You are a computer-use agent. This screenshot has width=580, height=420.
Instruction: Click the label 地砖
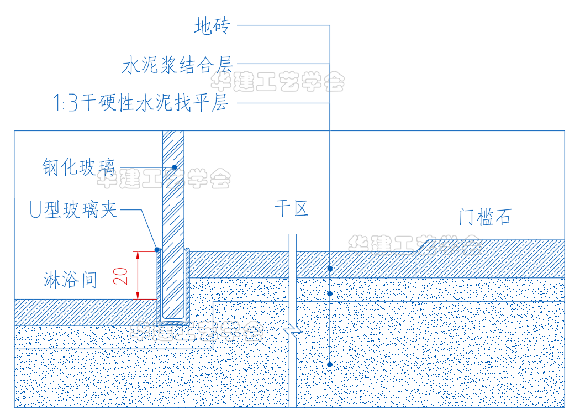coord(212,26)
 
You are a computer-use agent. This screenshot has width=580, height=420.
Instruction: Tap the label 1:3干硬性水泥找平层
coord(140,103)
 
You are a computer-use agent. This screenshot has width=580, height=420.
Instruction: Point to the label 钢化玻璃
coord(78,167)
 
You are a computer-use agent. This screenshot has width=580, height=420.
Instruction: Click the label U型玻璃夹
coord(73,210)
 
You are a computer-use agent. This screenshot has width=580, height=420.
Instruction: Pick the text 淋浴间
coord(70,280)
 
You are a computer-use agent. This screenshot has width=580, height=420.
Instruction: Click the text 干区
coord(291,209)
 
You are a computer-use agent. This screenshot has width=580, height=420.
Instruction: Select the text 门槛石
coord(485,217)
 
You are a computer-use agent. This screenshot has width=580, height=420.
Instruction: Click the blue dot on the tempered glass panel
coord(173,167)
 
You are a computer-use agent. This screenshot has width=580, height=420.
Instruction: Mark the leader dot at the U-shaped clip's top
coord(157,250)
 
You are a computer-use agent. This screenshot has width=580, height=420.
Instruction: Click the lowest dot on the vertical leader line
coord(330,364)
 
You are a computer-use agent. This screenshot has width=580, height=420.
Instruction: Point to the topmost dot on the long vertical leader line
coord(330,269)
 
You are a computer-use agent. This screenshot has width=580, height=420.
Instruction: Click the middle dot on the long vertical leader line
coord(330,293)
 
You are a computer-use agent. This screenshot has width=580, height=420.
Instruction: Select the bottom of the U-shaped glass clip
coord(173,322)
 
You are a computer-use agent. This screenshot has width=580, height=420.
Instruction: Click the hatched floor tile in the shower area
coord(83,312)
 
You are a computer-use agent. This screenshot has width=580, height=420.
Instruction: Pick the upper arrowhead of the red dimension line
coord(138,255)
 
